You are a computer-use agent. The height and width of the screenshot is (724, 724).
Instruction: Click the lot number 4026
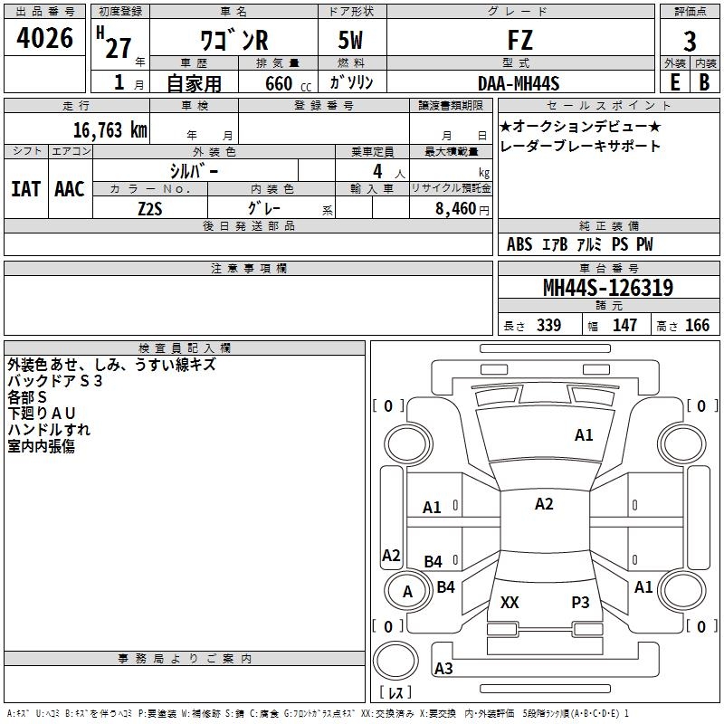pos(44,38)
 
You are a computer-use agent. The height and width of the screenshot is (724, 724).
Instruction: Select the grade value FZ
pos(520,40)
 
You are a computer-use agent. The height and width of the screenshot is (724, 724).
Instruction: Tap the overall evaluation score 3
pos(690,42)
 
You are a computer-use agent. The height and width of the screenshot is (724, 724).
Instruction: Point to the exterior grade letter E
pos(675,82)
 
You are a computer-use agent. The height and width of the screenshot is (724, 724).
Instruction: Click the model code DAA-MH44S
pos(519,83)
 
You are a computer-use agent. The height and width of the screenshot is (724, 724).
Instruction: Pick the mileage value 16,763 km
pos(110,130)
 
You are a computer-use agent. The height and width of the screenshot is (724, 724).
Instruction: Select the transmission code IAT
pos(26,189)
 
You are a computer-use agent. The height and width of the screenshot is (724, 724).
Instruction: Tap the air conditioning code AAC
pos(70,189)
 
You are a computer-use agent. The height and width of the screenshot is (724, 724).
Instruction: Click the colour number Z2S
pos(150,209)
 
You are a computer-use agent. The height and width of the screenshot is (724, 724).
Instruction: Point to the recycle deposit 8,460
pos(456,209)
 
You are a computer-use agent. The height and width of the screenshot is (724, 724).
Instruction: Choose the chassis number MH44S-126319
pos(608,288)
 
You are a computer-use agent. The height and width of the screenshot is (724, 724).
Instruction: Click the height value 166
pos(697,325)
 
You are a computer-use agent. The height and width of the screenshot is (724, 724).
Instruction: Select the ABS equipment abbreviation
pos(519,244)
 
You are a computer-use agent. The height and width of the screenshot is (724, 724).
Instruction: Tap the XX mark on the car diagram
pos(510,602)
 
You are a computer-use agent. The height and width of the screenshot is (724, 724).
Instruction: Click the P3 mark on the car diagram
pos(580,602)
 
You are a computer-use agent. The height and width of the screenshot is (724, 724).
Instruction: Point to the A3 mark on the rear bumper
pos(443,668)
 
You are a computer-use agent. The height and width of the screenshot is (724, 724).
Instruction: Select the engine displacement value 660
pos(279,83)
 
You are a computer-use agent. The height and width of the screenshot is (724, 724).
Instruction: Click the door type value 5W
pos(350,40)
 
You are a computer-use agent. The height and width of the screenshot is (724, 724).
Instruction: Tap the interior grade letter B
pos(705,82)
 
